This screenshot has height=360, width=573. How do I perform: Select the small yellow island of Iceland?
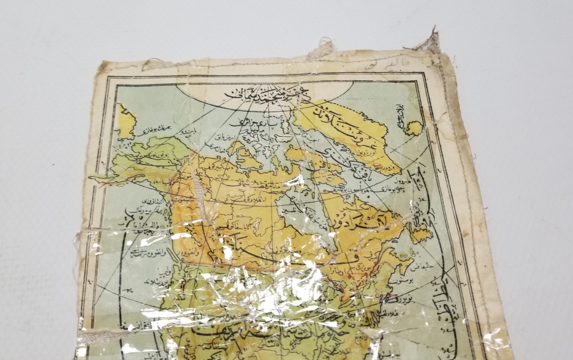tap(415, 128)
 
